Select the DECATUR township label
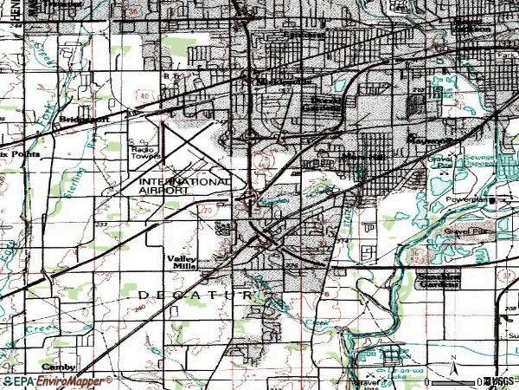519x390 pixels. pyautogui.click(x=195, y=296)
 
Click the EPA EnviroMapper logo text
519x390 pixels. pyautogui.click(x=59, y=380)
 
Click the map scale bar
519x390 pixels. pyautogui.click(x=458, y=379)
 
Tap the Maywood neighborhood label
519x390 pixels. pyautogui.click(x=430, y=138)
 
